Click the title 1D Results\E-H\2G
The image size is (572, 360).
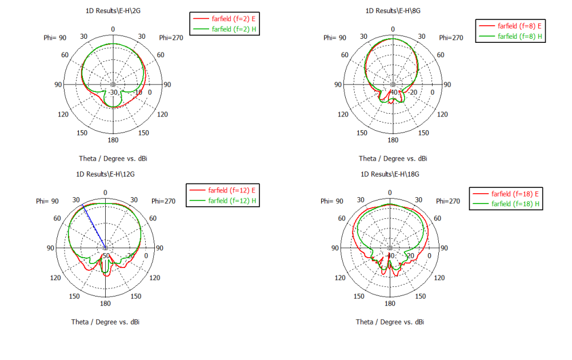tap(113, 11)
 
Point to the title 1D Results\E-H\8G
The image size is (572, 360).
tap(393, 11)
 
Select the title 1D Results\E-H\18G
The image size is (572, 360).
tap(390, 174)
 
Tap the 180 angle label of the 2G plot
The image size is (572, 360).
tap(113, 141)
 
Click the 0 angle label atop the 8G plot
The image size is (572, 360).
tap(393, 29)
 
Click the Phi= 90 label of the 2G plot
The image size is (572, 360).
tap(55, 38)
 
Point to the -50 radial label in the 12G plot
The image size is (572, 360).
tap(105, 255)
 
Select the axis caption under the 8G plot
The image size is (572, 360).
tap(393, 158)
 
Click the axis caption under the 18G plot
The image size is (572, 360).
tap(390, 322)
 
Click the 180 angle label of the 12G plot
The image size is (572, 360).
tap(105, 304)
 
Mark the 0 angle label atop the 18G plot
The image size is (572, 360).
tap(390, 193)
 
